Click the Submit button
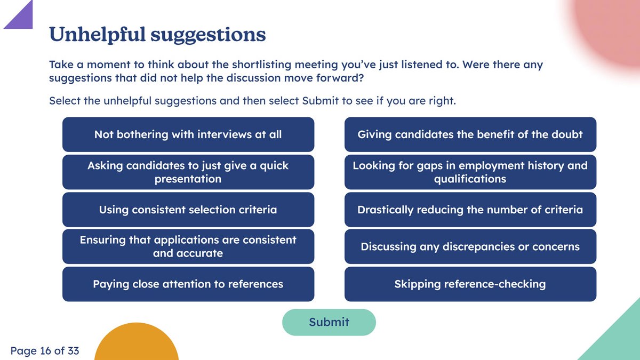click(329, 322)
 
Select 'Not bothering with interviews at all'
click(188, 134)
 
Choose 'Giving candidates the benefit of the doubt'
click(470, 134)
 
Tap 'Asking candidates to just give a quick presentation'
click(188, 172)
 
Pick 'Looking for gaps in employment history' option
click(470, 172)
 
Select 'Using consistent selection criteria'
click(188, 210)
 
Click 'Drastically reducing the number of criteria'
click(470, 210)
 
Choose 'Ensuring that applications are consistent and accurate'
click(188, 246)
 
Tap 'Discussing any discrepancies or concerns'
click(470, 246)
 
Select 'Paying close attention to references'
click(188, 284)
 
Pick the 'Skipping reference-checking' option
click(470, 284)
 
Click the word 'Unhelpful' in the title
click(97, 35)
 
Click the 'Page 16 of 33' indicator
click(45, 350)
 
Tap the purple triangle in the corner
click(23, 19)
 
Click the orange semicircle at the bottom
click(137, 343)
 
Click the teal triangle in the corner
click(620, 340)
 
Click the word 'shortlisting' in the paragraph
click(261, 65)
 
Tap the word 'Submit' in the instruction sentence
click(321, 101)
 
